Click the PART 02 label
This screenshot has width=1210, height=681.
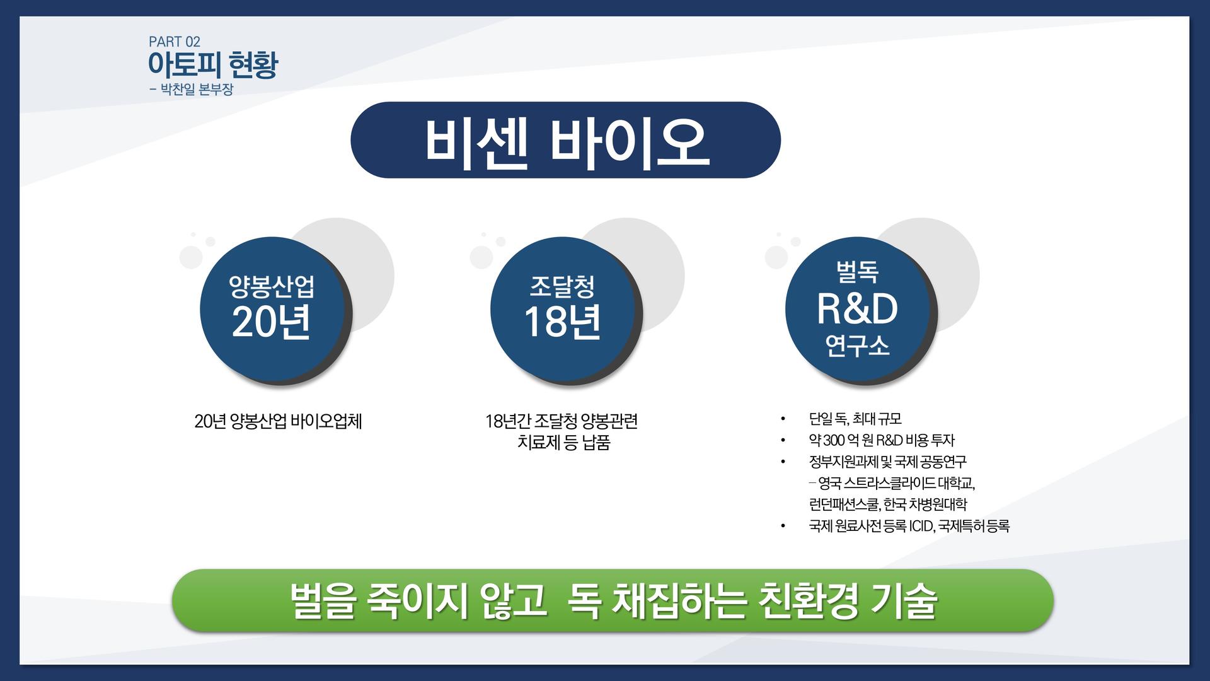(x=175, y=42)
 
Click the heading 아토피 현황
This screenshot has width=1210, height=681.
(x=212, y=65)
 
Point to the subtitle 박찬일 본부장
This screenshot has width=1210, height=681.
(x=196, y=90)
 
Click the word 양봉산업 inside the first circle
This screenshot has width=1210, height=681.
(x=272, y=287)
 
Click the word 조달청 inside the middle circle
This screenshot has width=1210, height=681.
(x=562, y=287)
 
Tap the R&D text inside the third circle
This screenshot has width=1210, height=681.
(x=857, y=309)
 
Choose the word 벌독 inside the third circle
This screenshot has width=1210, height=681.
(x=857, y=272)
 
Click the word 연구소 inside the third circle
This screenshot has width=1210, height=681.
(x=857, y=346)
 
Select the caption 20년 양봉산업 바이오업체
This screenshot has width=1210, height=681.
(x=278, y=421)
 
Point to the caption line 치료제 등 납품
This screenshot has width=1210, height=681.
(x=563, y=443)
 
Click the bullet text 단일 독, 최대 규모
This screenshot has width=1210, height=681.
(x=855, y=419)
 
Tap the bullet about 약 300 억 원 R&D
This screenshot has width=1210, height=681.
(x=882, y=440)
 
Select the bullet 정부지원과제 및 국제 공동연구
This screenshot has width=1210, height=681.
(x=887, y=462)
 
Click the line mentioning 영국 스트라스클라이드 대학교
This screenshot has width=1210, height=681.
(x=892, y=483)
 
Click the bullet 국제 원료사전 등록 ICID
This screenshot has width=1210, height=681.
(x=909, y=526)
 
